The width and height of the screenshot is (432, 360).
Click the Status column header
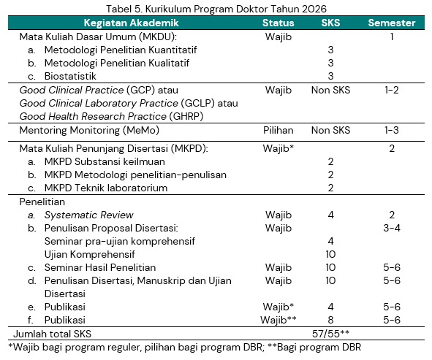(278, 23)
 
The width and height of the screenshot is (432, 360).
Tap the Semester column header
(392, 23)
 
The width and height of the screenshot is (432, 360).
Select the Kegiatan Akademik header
(131, 23)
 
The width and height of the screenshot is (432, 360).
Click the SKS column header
(330, 23)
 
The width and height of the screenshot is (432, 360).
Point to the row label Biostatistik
(70, 76)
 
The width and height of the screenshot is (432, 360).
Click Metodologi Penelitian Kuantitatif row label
(121, 50)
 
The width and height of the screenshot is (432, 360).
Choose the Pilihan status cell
(278, 130)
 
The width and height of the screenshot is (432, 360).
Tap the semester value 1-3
(392, 130)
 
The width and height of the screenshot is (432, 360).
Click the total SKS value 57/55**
(330, 334)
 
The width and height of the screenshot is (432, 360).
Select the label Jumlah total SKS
(52, 334)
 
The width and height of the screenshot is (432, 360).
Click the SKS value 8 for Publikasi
(330, 320)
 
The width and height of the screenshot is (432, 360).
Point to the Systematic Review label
(88, 215)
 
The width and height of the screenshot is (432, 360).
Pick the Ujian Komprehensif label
(89, 255)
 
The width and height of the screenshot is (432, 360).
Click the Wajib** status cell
(278, 320)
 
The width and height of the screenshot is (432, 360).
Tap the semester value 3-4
(392, 228)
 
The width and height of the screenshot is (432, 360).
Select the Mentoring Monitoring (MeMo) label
(89, 131)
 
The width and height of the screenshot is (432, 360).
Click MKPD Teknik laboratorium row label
(106, 188)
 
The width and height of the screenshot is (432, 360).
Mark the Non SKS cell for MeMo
(330, 130)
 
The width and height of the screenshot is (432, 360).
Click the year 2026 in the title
(314, 9)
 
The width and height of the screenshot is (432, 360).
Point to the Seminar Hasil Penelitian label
(100, 267)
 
